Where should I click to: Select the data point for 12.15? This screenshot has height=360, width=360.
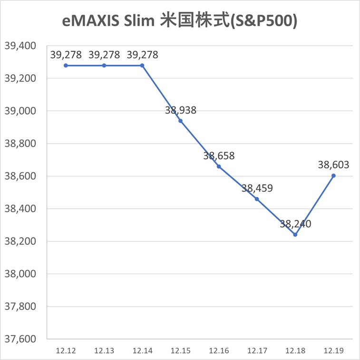180,121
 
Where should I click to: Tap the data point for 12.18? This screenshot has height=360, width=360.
295,234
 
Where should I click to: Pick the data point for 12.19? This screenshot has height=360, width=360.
333,175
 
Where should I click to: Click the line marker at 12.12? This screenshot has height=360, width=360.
66,65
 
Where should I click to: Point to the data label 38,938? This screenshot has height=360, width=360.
181,110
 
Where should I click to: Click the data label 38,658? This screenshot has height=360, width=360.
219,156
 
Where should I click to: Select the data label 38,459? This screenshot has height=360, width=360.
257,188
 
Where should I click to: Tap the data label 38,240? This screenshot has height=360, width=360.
295,224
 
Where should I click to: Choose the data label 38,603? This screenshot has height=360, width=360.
333,165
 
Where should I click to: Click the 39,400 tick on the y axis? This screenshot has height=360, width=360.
20,46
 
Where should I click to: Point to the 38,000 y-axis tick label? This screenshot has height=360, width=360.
20,274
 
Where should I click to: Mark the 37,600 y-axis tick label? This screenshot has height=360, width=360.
20,340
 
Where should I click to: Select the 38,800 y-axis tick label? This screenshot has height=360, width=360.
20,144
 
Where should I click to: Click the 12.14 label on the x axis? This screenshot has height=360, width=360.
142,351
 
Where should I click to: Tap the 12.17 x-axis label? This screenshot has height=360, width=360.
257,351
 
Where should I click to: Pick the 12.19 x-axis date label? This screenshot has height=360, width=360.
333,351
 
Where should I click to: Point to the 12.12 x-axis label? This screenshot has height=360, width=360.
66,351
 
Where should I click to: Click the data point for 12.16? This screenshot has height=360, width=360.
219,166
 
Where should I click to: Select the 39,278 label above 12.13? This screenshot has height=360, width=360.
104,55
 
